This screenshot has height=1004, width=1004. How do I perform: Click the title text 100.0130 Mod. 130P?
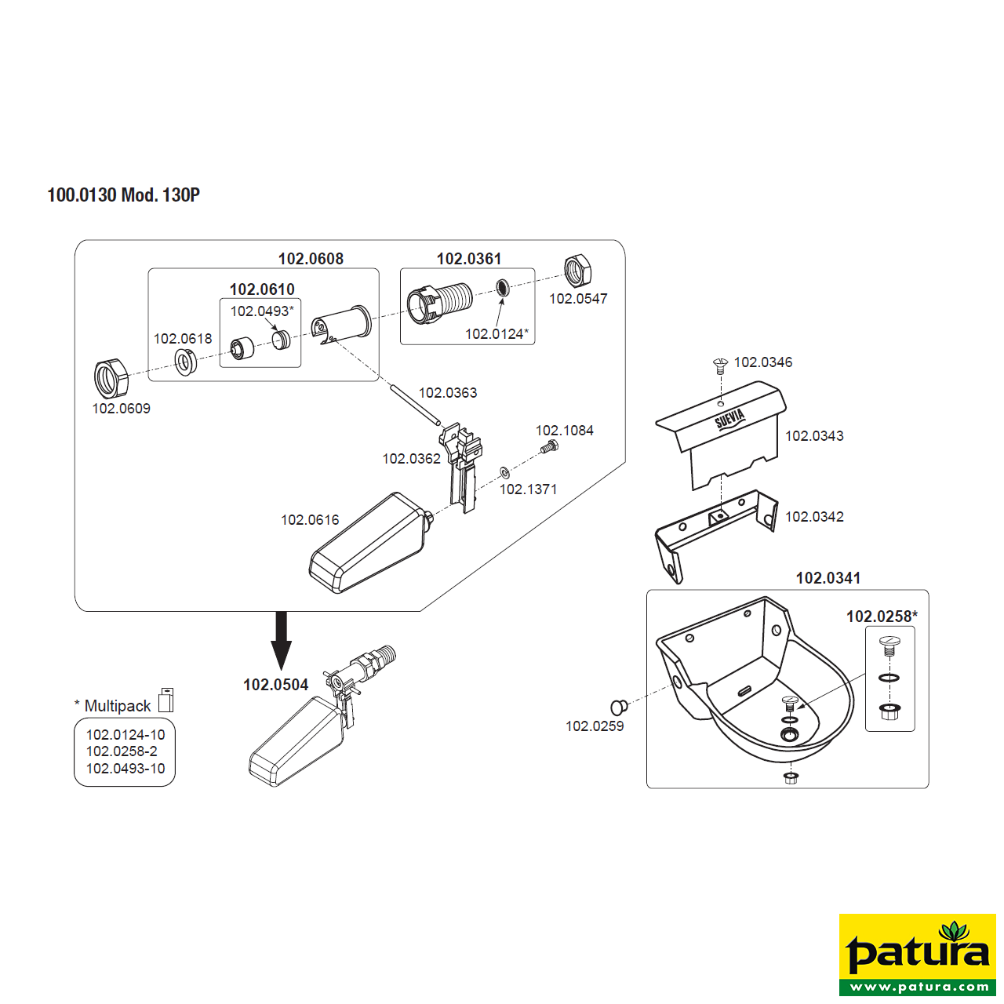tap(123, 195)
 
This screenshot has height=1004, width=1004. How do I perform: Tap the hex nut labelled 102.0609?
tap(111, 379)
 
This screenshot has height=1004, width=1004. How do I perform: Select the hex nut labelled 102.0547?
tap(578, 272)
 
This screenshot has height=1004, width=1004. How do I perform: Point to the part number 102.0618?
tap(183, 339)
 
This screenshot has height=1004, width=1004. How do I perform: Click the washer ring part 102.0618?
tap(184, 362)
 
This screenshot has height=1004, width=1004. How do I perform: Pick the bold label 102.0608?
tap(311, 259)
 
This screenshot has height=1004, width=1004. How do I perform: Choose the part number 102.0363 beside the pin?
tap(448, 392)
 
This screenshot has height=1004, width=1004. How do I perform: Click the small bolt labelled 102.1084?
tap(548, 446)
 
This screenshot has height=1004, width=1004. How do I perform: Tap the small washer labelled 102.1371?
tap(504, 472)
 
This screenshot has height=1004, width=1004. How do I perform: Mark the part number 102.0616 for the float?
tap(310, 519)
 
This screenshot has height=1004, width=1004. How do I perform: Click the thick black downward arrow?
tap(281, 640)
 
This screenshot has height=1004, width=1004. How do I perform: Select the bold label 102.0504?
tap(275, 685)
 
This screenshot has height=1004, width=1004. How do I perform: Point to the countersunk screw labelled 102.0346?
tap(720, 365)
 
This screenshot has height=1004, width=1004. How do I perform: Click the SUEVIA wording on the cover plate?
tap(730, 418)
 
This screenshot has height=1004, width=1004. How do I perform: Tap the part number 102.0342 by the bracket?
tap(814, 516)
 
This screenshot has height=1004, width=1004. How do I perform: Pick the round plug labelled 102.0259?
tap(619, 707)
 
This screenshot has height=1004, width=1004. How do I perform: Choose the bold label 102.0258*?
tap(882, 617)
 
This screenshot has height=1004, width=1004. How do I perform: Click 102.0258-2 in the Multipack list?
tap(122, 751)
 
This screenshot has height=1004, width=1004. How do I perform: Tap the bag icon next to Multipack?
tap(166, 700)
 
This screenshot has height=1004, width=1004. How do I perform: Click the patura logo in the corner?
tap(917, 955)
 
